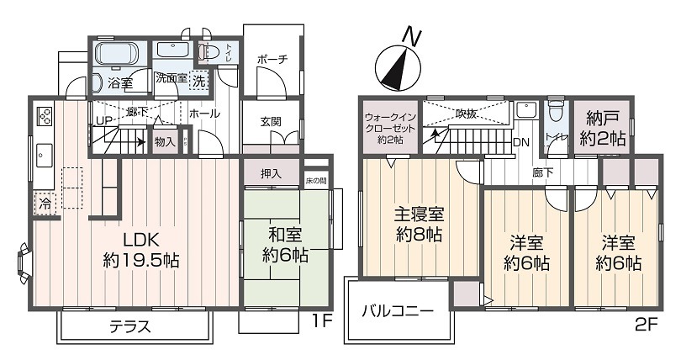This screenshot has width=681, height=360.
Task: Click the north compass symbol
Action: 398,64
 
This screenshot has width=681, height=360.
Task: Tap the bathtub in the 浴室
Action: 120,56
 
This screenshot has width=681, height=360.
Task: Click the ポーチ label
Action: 273,59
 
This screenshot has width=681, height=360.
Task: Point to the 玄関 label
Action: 270,121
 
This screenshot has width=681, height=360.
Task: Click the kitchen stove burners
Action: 45,114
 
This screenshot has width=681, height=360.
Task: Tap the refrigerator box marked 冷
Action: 43,202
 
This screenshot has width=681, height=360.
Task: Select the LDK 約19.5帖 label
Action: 139,250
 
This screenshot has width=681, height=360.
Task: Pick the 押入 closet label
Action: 270,174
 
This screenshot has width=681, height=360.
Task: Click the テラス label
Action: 130,328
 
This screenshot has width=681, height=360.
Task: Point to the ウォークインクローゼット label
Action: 388,128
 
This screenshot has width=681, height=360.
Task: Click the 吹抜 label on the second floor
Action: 467,113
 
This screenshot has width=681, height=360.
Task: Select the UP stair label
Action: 104,121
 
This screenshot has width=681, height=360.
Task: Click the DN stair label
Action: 521,142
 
